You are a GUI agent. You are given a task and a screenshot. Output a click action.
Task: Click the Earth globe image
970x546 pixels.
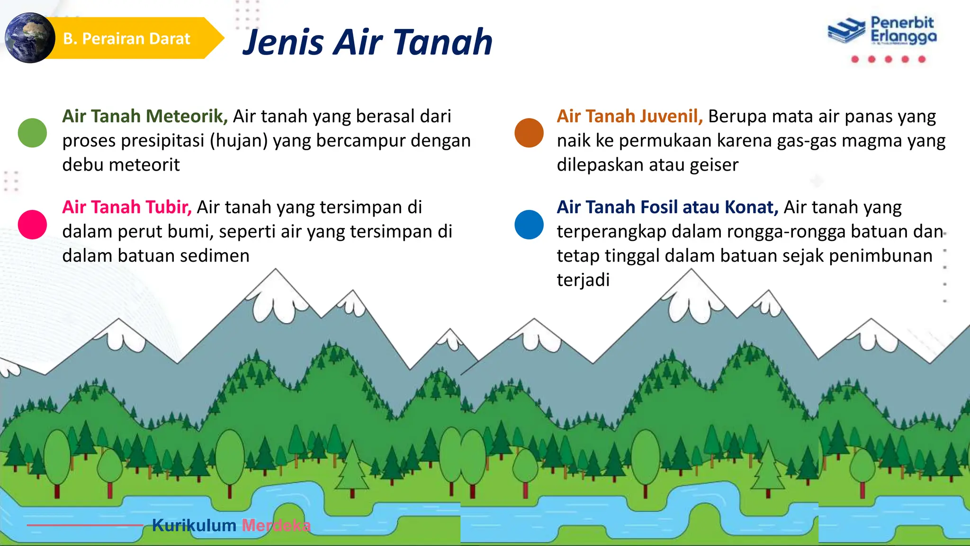click(x=29, y=38)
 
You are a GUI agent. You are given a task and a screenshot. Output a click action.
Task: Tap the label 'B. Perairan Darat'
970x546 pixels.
click(x=126, y=38)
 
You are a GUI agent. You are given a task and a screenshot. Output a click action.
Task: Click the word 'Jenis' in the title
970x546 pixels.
click(x=283, y=43)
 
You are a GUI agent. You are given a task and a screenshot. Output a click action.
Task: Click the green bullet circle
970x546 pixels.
click(x=32, y=133)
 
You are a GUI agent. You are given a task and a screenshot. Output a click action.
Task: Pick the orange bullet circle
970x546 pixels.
click(x=529, y=133)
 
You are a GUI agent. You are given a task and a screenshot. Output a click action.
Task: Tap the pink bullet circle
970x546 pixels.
click(x=32, y=224)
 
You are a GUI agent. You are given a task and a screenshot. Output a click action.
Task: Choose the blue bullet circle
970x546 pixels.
click(x=529, y=224)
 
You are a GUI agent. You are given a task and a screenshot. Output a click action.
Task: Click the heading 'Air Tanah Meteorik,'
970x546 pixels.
click(x=145, y=116)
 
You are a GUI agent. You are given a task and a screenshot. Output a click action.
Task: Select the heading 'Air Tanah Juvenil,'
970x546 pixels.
click(x=629, y=116)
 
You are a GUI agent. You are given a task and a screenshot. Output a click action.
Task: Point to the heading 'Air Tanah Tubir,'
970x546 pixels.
click(x=127, y=207)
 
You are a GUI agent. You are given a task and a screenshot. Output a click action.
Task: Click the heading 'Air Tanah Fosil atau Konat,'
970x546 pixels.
click(x=667, y=207)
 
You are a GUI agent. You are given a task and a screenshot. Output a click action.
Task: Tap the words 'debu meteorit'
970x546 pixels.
click(x=121, y=165)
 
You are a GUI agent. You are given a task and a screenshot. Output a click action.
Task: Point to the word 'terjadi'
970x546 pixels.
click(x=583, y=280)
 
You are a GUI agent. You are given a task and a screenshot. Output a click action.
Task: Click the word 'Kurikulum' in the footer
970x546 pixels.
click(x=194, y=525)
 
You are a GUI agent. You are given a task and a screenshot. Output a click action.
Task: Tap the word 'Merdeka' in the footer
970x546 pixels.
click(x=276, y=525)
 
